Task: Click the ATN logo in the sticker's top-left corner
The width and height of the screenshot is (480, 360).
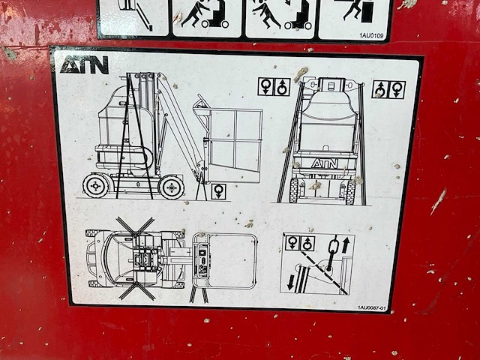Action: pyautogui.click(x=84, y=65)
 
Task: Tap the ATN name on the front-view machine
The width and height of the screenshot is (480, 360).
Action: pyautogui.click(x=324, y=163)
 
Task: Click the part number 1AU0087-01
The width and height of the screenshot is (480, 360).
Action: pyautogui.click(x=371, y=307)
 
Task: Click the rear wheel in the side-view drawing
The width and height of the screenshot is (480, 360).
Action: pyautogui.click(x=96, y=185)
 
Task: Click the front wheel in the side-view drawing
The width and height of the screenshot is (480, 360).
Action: pyautogui.click(x=172, y=187)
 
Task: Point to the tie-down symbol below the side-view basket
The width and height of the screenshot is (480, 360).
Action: pyautogui.click(x=218, y=191)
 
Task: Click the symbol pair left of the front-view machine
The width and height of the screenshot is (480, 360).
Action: pyautogui.click(x=274, y=87)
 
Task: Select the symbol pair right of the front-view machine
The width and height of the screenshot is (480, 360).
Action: pyautogui.click(x=388, y=89)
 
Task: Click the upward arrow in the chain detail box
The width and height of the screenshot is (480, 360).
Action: pyautogui.click(x=346, y=245)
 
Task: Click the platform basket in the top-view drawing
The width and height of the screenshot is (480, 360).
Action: pyautogui.click(x=225, y=260)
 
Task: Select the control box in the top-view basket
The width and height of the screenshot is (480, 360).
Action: pyautogui.click(x=201, y=261)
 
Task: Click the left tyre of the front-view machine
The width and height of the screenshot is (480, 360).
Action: pyautogui.click(x=294, y=190)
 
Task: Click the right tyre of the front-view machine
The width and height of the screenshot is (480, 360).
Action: pyautogui.click(x=350, y=190)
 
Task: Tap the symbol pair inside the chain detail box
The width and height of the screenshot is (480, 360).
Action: pyautogui.click(x=300, y=243)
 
